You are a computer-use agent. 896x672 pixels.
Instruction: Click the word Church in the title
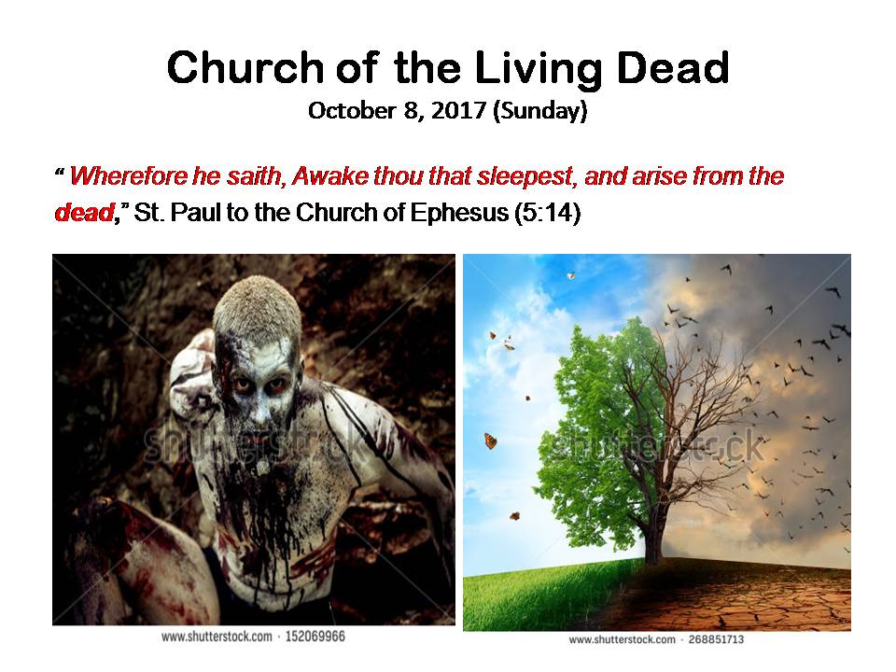245,68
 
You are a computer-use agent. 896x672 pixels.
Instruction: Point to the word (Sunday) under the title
540,111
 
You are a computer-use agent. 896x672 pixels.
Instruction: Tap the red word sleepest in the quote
525,176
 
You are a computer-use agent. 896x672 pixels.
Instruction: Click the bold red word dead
84,213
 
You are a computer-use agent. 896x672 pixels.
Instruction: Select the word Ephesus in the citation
459,213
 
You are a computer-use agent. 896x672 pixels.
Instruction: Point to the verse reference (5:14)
548,213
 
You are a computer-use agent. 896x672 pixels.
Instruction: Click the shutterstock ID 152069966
315,637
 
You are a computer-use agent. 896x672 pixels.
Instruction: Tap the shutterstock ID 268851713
716,639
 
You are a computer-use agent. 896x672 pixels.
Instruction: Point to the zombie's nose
260,407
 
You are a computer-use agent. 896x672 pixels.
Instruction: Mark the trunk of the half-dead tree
653,531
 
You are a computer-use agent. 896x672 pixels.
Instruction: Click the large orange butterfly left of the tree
490,441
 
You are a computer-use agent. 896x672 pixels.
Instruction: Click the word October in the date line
352,110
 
